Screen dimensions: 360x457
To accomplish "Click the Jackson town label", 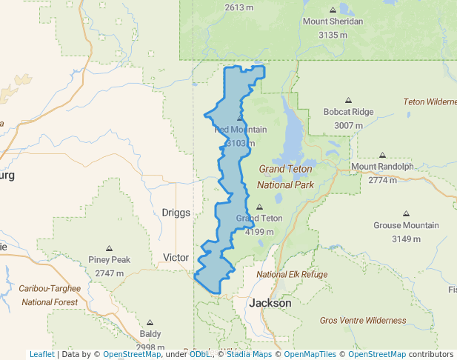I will pos(270,303).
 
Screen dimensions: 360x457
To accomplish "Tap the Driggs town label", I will pos(176,213).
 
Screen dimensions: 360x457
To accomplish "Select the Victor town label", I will pos(176,258).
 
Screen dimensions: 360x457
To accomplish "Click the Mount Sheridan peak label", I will pos(333,21).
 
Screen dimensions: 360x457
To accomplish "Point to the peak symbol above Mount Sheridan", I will pos(333,10).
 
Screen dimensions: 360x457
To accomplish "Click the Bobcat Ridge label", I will pos(348,112).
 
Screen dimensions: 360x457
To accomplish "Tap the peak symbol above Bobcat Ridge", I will pos(348,100).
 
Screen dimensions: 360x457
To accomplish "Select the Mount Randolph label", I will pos(382,167).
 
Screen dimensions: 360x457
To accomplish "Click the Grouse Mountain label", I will pos(406,225).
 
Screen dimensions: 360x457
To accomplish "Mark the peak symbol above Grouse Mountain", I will pos(406,213).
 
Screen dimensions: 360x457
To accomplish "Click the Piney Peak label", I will pos(110,260).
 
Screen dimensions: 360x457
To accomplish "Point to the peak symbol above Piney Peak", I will pos(110,248).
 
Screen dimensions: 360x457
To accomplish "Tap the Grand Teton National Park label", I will pos(285,176).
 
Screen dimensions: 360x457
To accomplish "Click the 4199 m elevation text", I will pos(259,232).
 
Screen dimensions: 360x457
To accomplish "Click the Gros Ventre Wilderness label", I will pos(363,321).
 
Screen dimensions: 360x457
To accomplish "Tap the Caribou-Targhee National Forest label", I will pos(50,295).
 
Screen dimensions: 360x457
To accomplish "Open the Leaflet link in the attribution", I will pos(41,355).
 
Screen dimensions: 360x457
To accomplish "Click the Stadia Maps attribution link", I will pos(246,355).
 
